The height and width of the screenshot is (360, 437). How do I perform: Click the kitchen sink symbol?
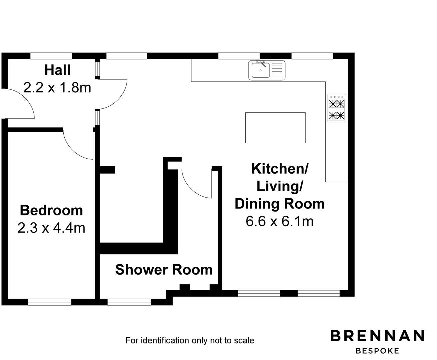coord(267,70)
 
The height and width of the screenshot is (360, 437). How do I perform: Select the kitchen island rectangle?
coord(275,128)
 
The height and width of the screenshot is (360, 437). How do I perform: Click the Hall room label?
coord(57,70)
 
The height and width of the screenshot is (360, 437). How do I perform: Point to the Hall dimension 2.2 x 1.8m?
coord(57,88)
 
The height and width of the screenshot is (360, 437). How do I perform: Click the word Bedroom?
coord(51,210)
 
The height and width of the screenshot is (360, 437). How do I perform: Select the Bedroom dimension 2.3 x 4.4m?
coord(51,228)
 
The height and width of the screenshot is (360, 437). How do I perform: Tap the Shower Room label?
coord(164,270)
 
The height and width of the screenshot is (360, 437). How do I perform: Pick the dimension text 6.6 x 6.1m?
coord(280,221)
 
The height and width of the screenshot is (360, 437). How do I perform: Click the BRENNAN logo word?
coord(377,336)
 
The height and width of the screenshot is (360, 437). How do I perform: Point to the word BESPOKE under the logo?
coord(377,351)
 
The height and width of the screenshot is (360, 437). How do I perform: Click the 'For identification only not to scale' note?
coord(190,340)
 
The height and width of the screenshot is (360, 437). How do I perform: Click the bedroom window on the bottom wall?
coord(50,302)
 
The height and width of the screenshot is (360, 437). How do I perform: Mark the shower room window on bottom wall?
coord(129,302)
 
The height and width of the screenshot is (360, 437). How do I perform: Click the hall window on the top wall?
coord(51,56)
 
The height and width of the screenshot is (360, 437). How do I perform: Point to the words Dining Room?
coord(280,204)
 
